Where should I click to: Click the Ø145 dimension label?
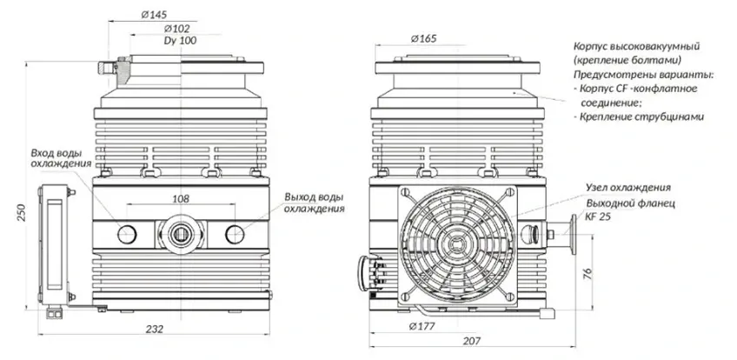[x=154, y=15]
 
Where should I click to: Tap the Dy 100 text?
[x=180, y=41]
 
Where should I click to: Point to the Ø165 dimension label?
[x=423, y=38]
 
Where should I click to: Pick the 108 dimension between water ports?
[x=181, y=199]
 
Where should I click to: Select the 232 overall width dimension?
[x=154, y=329]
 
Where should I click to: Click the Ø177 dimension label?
[x=422, y=326]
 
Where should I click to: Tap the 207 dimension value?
[x=471, y=341]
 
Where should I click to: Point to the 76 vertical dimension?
[x=588, y=274]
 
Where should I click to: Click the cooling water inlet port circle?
[x=127, y=234]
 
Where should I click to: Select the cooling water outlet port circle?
[x=235, y=234]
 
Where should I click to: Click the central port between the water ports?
[x=181, y=234]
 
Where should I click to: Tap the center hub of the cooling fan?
[x=455, y=244]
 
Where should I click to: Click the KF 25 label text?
[x=597, y=217]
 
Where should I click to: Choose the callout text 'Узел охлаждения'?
[x=628, y=188]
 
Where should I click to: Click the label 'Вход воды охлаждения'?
[x=61, y=158]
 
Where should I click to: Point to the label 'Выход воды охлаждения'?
[x=314, y=202]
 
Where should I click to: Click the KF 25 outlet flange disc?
[x=574, y=234]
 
